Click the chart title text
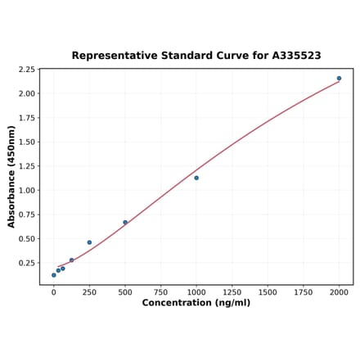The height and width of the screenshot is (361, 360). pos(196,56)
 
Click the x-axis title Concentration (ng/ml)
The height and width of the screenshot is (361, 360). pos(196,303)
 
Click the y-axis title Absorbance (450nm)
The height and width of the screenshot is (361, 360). pos(11,176)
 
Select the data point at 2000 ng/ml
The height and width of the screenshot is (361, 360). pos(339,79)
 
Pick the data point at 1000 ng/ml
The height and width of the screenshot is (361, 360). pos(196,178)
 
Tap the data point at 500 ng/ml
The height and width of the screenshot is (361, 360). pos(125,222)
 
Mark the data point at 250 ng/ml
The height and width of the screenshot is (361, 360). pos(89,242)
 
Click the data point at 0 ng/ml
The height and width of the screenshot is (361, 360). pos(54,275)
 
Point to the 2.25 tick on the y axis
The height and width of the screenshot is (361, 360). pos(26,70)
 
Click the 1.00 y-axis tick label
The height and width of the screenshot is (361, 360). pos(26,191)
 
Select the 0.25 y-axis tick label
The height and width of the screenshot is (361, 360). pos(26,263)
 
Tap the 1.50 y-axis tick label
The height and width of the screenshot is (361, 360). pos(26,142)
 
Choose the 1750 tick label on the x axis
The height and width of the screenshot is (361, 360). pos(304,291)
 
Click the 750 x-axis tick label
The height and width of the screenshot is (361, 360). pos(160,291)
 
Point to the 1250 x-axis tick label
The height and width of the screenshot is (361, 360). pos(232,291)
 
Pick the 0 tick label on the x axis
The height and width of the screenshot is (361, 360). pos(54,291)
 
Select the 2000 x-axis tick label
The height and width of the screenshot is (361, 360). pos(339,291)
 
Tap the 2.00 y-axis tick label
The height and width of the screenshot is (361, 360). pos(26,93)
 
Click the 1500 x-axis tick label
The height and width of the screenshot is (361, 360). pos(268,291)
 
